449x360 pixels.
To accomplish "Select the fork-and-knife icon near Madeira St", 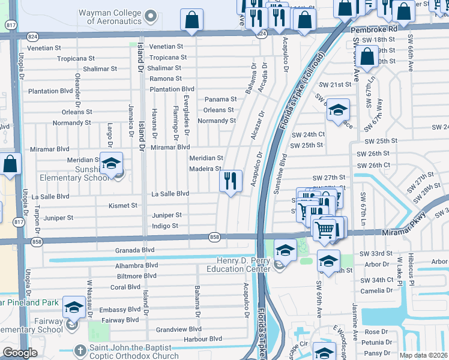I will [231, 180].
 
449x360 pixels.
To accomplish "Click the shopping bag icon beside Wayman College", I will [191, 20].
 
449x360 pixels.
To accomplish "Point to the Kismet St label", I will [123, 206].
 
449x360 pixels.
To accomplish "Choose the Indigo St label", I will [164, 226].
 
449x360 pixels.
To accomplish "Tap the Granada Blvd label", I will [135, 250].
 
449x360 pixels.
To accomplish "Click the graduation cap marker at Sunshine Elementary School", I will [111, 163].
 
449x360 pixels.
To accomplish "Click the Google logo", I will [20, 353].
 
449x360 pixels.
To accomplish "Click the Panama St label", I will [220, 99].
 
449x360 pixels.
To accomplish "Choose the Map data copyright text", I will [423, 355].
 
